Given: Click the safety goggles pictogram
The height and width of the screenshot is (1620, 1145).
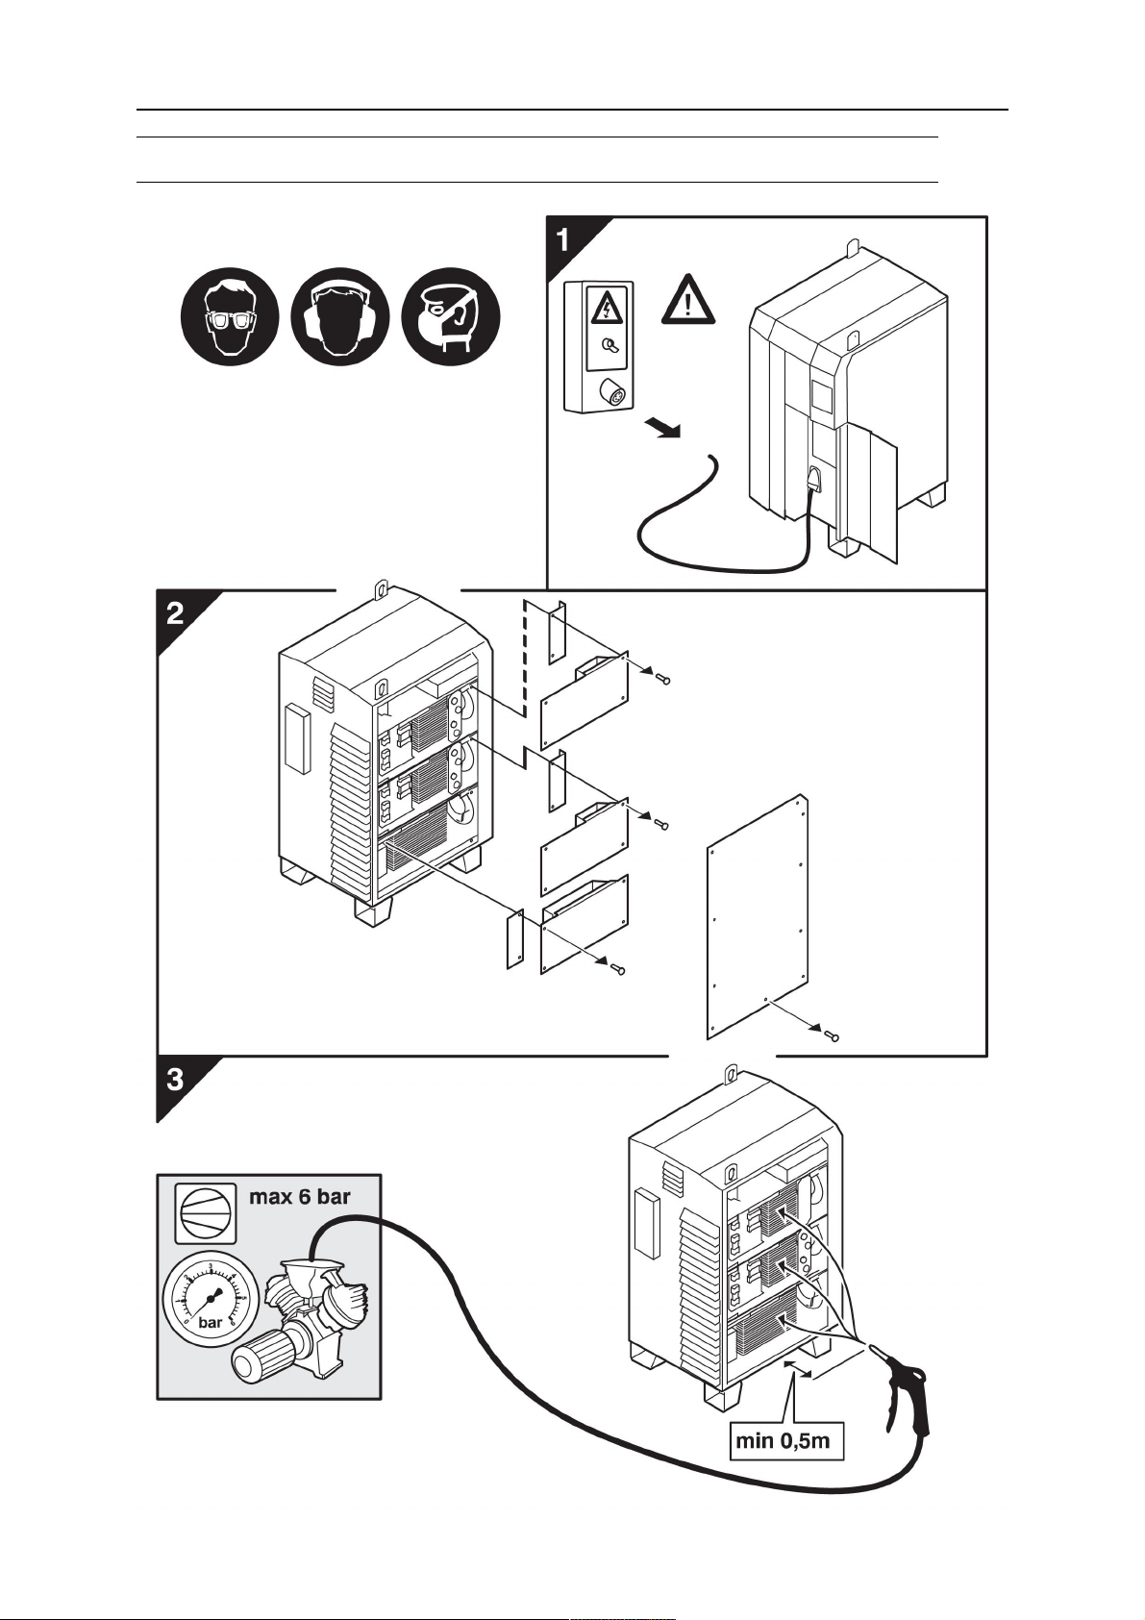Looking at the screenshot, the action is coord(230,316).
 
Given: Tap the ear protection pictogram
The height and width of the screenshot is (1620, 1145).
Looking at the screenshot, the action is coord(340,316).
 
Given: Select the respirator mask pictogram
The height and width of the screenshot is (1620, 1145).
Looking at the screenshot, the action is coord(451,316).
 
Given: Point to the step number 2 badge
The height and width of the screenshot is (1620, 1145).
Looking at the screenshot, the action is coord(176,614).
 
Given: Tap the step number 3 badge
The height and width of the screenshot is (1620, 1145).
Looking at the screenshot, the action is coord(176,1081).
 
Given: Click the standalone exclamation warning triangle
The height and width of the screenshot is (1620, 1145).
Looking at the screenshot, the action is coord(688,299).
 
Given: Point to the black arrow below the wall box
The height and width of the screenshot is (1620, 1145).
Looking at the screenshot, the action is coord(661,428).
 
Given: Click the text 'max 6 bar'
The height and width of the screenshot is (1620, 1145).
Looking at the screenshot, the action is coord(299,1197).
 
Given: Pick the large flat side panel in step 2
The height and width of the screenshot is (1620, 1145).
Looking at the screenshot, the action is coord(758,917).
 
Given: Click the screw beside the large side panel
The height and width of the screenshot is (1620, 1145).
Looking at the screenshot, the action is coord(833,1037).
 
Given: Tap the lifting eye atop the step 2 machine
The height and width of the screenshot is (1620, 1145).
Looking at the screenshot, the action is coord(381,589).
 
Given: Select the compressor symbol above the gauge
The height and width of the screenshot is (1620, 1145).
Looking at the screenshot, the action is coord(206,1210).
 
